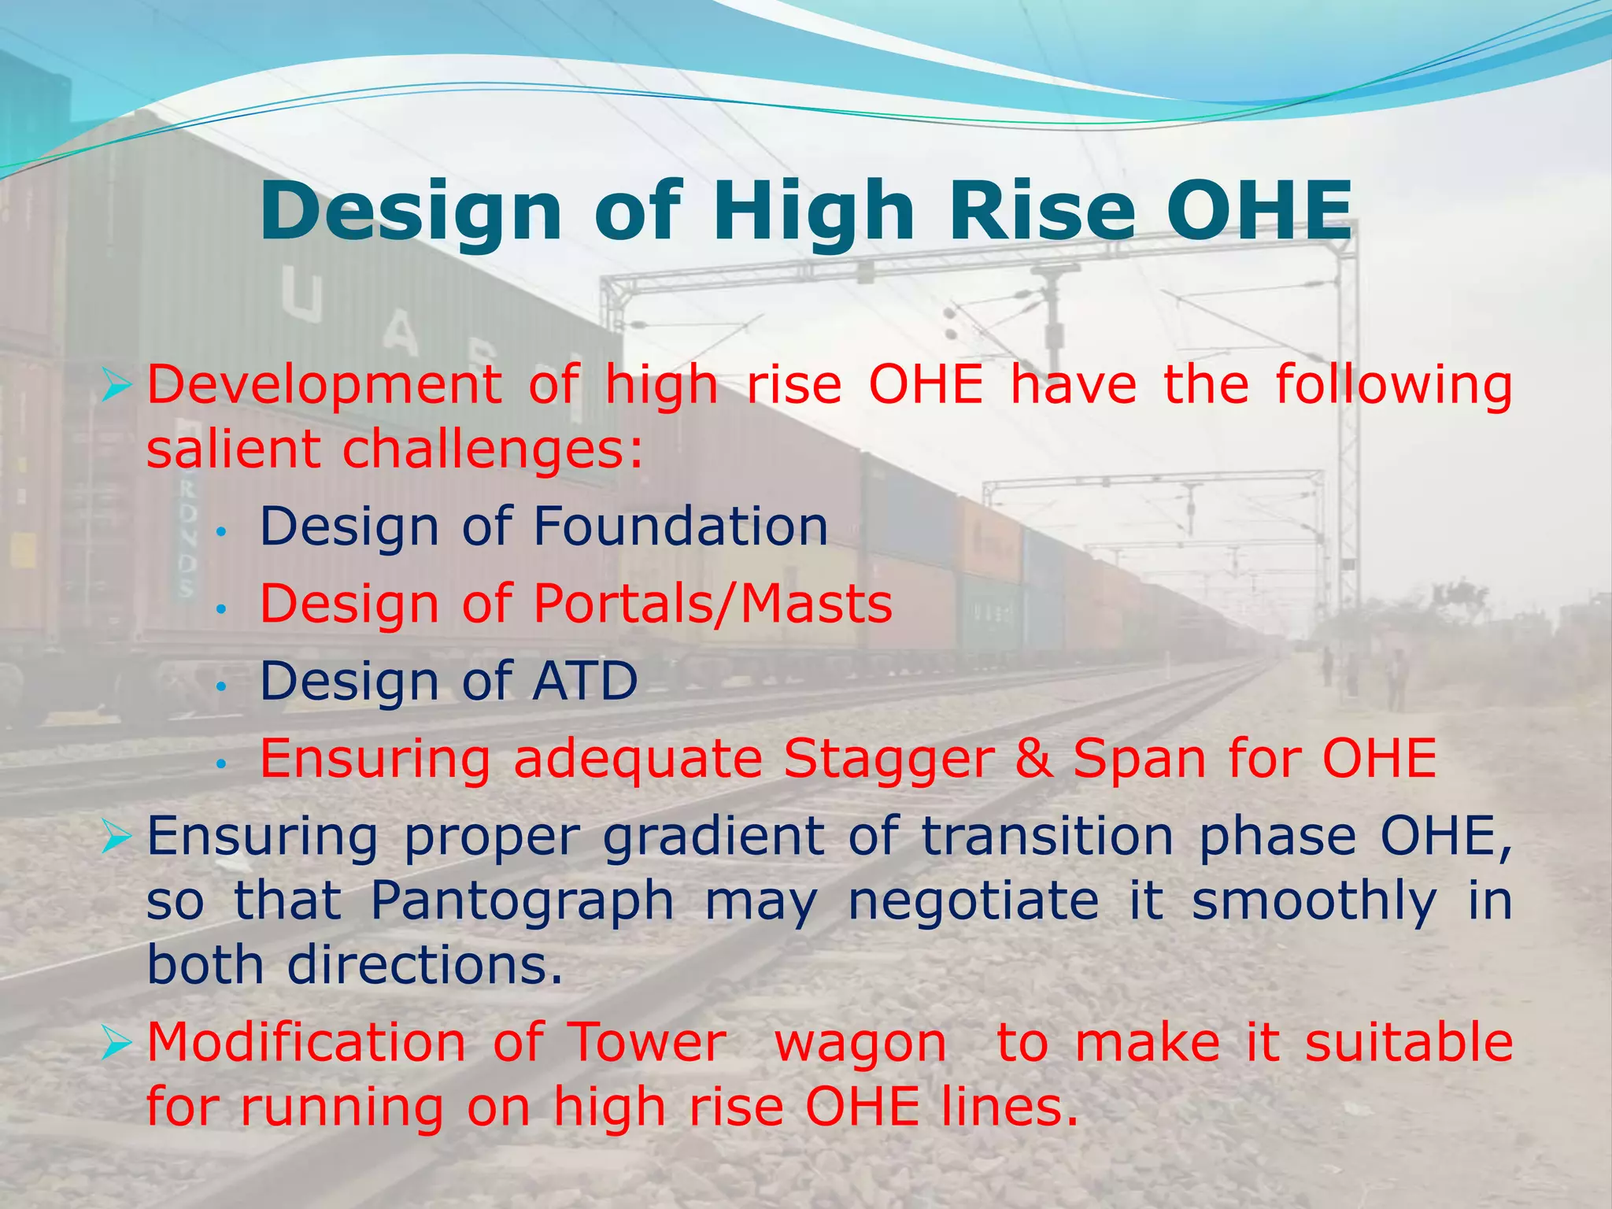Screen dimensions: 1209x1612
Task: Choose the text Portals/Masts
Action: coord(713,604)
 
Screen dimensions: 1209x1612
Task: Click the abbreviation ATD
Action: coord(585,681)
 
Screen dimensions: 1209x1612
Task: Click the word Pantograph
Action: coord(522,901)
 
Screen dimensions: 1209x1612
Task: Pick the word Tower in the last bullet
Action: coord(648,1043)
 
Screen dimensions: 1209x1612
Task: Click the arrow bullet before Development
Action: coord(116,386)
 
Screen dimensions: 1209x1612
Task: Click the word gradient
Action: coord(712,837)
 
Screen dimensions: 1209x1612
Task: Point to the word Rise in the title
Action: coord(1041,211)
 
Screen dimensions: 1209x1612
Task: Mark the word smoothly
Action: coord(1314,901)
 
